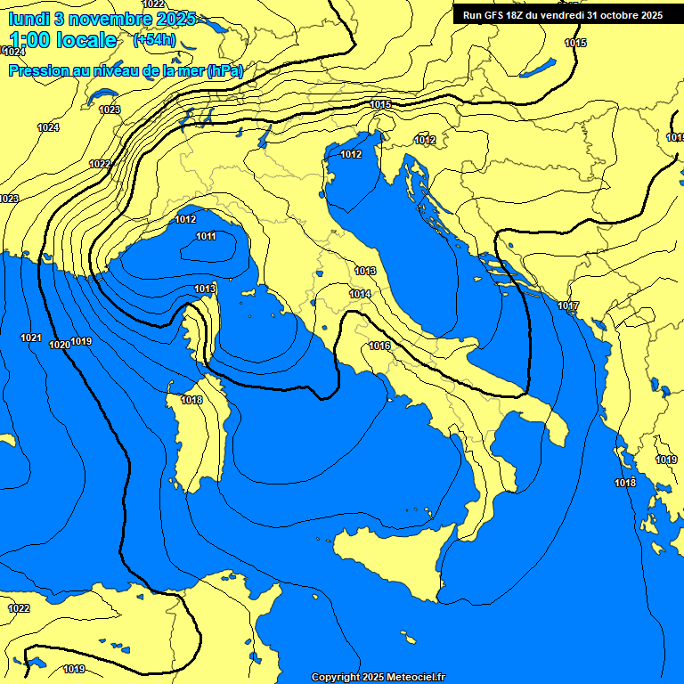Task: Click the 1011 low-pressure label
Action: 206,236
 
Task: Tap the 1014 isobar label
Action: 360,294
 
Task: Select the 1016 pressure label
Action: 379,346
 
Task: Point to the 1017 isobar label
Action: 568,306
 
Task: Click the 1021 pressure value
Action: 31,338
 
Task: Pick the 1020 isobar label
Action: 60,345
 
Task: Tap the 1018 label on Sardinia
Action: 191,401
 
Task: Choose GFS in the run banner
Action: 495,15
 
